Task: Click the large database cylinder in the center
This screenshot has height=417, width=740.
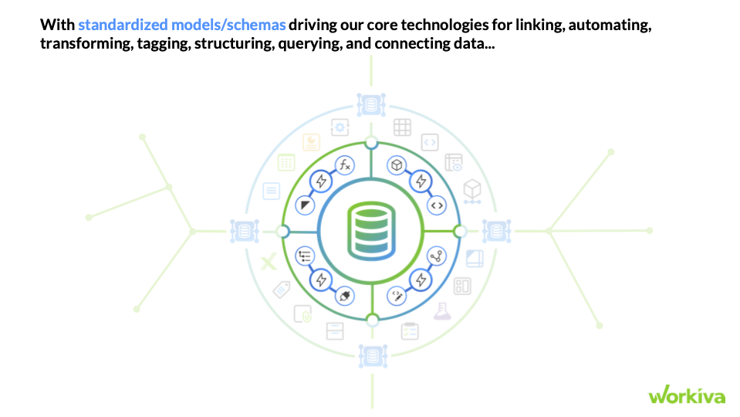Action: (371, 229)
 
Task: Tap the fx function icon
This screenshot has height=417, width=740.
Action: (345, 164)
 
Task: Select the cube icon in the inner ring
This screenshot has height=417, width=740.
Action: (397, 164)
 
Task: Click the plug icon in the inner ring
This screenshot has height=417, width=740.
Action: (344, 296)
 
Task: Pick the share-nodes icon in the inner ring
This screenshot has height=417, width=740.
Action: (437, 256)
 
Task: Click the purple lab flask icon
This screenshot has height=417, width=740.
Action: (441, 310)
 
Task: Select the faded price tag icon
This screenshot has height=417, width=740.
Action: (282, 290)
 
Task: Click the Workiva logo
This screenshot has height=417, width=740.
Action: (687, 395)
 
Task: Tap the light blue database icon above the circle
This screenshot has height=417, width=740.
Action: (371, 103)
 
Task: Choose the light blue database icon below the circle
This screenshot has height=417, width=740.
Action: (371, 355)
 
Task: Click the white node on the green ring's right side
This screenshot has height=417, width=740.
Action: (460, 231)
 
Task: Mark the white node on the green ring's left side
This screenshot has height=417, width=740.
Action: (282, 231)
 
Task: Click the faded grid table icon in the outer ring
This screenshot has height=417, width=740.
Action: (402, 127)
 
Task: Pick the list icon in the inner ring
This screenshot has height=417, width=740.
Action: (306, 256)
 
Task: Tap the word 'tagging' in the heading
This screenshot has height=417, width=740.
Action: (164, 44)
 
